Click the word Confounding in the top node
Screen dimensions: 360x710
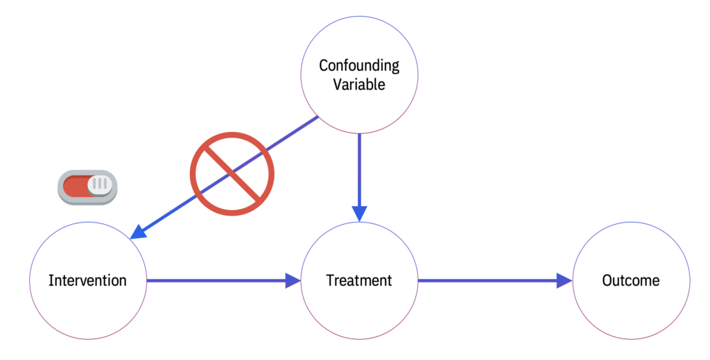358,66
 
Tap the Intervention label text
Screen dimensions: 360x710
87,280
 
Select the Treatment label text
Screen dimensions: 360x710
358,280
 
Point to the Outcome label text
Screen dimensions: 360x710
630,280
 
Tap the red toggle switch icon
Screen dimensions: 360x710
87,187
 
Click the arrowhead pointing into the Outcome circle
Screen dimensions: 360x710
564,280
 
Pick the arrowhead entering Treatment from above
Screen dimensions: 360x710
358,214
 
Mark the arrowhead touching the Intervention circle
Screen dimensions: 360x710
139,232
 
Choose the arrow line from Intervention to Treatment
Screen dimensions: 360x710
215,280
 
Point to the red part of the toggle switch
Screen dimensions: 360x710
75,187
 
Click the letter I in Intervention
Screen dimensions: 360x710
51,280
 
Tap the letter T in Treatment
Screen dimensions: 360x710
330,280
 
